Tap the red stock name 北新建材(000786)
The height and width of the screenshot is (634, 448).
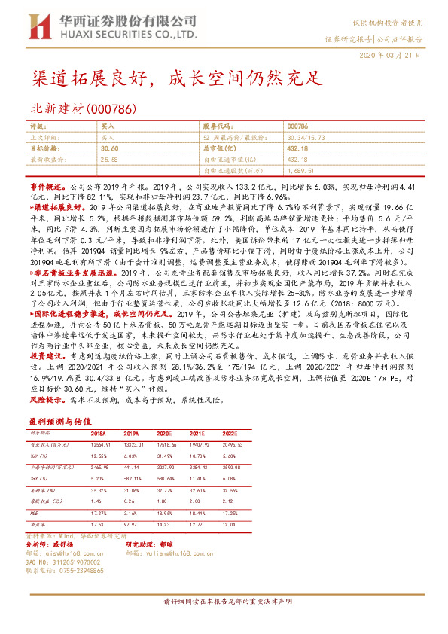[83, 108]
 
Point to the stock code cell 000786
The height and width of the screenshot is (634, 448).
[297, 127]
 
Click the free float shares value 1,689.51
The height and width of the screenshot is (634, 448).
[300, 170]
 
